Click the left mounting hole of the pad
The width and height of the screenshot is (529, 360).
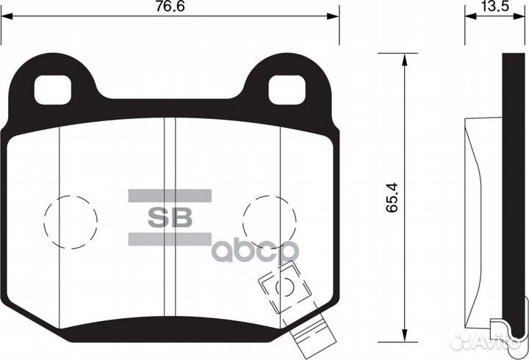55,90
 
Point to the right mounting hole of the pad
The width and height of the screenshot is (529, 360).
287,90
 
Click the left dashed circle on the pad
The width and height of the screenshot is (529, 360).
71,219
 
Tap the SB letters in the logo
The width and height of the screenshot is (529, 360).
170,217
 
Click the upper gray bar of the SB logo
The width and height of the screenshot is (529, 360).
170,195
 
